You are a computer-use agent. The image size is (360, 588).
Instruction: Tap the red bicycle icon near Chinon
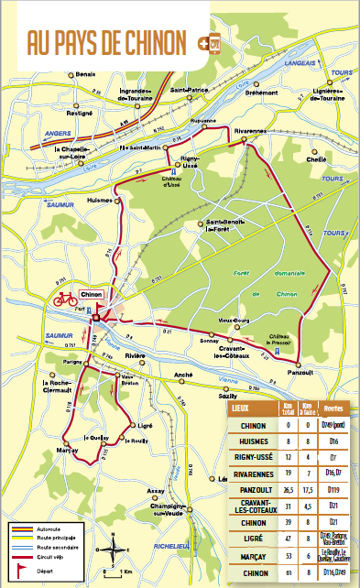pos(65,299)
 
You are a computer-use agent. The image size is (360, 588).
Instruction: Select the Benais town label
pos(85,73)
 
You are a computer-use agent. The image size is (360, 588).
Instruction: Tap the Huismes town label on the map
pos(99,199)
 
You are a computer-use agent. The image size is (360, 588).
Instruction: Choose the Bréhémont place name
pos(261,93)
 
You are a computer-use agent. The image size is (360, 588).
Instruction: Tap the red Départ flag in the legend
pos(17,568)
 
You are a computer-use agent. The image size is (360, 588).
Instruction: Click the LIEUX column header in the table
pos(241,408)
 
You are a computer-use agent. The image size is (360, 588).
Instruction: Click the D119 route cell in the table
pos(333,490)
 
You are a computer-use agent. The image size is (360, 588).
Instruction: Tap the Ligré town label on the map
pos(142,426)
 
